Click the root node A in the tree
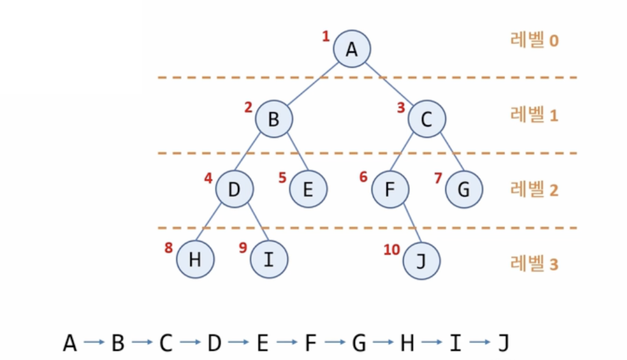(x=352, y=48)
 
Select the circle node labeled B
(x=274, y=118)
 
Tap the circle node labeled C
(x=427, y=118)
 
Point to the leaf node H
(x=195, y=260)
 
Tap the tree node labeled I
(x=268, y=260)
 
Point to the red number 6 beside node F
(x=364, y=178)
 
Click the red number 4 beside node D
(x=208, y=179)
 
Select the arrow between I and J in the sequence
(x=479, y=343)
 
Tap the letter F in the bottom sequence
(x=311, y=343)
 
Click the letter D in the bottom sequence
(x=214, y=343)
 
